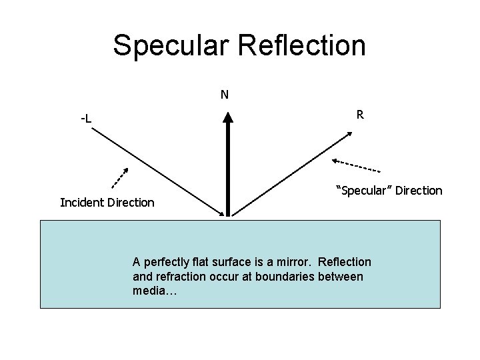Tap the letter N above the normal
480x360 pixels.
(225, 95)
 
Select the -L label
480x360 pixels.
(86, 119)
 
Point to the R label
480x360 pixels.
(359, 115)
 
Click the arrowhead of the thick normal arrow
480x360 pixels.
(228, 117)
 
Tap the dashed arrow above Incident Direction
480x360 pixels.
(119, 177)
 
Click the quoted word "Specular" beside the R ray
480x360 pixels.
(361, 191)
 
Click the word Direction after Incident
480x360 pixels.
(130, 203)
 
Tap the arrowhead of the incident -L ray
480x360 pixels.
(223, 212)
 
